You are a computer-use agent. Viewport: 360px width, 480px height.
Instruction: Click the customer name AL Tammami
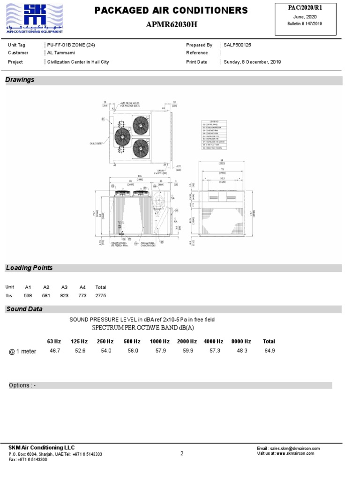click(61, 53)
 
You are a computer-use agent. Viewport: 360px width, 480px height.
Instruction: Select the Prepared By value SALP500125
click(237, 45)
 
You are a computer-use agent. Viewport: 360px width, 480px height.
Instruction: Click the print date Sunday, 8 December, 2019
click(252, 62)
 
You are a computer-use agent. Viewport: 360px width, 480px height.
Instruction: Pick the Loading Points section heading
click(29, 268)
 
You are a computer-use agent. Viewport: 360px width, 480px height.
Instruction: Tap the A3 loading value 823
click(64, 296)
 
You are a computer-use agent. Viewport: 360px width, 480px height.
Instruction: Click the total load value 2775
click(100, 296)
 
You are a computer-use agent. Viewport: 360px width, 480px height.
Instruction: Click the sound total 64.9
click(269, 351)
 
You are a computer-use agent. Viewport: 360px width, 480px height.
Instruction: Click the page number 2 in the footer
click(181, 453)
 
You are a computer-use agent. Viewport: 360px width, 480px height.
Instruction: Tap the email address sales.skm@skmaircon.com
click(288, 449)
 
